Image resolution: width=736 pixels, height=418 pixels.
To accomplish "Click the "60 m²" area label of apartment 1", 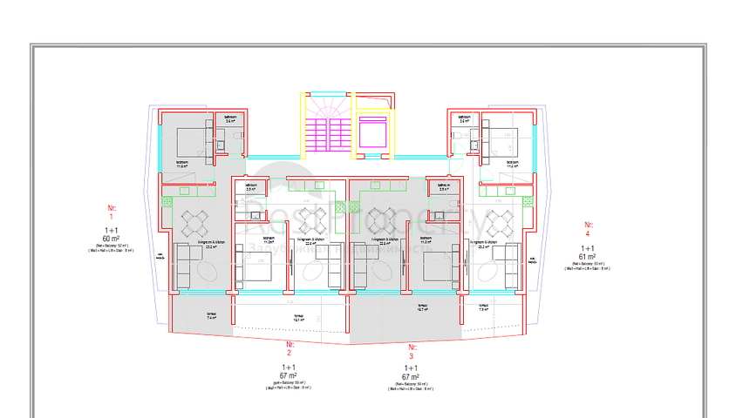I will click(x=111, y=238).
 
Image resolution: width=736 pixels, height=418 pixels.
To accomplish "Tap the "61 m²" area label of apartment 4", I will click(x=587, y=257).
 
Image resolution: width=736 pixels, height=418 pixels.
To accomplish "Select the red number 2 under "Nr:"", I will click(x=290, y=353).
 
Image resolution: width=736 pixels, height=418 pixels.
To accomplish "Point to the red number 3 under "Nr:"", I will click(x=411, y=357).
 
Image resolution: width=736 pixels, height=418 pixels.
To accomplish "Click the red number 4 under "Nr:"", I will click(x=587, y=233).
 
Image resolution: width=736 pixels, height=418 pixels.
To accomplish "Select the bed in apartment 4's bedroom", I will click(x=501, y=137).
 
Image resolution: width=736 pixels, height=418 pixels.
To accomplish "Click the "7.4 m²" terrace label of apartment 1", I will click(x=211, y=318).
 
